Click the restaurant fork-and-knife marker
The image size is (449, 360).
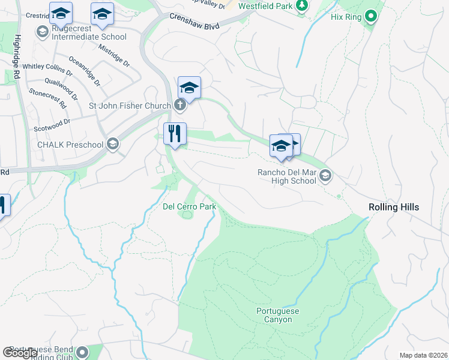[175, 134]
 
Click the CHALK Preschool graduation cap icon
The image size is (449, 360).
[112, 144]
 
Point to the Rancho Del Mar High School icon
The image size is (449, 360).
[325, 175]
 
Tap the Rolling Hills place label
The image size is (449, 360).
[393, 207]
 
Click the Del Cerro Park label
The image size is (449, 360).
[189, 206]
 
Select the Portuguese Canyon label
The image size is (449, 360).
[277, 315]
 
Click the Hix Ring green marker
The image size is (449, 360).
[371, 17]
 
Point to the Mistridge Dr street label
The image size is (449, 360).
[114, 55]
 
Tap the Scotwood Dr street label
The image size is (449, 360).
[52, 122]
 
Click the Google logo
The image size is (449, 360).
[20, 353]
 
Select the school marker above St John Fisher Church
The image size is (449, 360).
[189, 88]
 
